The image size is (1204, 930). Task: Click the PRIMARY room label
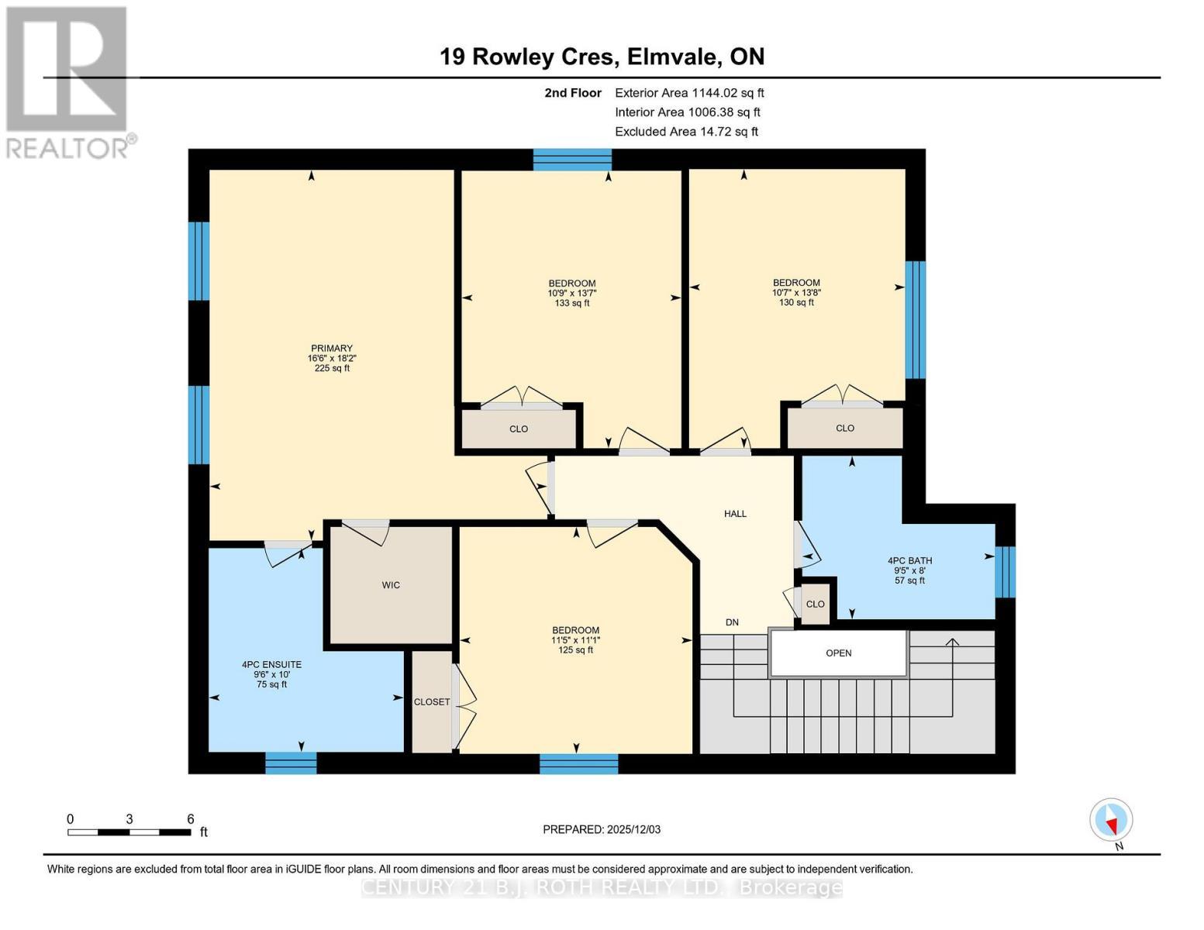pyautogui.click(x=332, y=349)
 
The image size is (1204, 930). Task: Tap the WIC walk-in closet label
pyautogui.click(x=391, y=585)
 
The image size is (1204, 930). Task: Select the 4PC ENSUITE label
pyautogui.click(x=271, y=665)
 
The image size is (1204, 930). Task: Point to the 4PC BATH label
pyautogui.click(x=909, y=561)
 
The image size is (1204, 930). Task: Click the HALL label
pyautogui.click(x=735, y=514)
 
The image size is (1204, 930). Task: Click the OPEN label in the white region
pyautogui.click(x=838, y=653)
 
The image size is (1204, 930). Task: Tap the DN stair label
pyautogui.click(x=732, y=622)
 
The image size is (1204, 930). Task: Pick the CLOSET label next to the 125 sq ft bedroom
pyautogui.click(x=432, y=702)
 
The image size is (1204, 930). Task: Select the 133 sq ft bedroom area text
pyautogui.click(x=572, y=303)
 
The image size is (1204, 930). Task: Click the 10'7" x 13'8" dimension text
pyautogui.click(x=796, y=293)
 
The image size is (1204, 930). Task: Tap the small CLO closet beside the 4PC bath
pyautogui.click(x=815, y=604)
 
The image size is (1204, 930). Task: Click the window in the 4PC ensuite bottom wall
pyautogui.click(x=291, y=763)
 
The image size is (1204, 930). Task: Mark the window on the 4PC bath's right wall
pyautogui.click(x=1005, y=572)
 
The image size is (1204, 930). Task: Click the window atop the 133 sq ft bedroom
pyautogui.click(x=572, y=160)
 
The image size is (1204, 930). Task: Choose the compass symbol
pyautogui.click(x=1111, y=820)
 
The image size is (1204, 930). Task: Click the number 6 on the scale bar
pyautogui.click(x=190, y=819)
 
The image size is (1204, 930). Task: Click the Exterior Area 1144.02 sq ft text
pyautogui.click(x=689, y=93)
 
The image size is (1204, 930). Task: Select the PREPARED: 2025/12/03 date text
pyautogui.click(x=602, y=829)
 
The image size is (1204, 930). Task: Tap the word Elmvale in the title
pyautogui.click(x=672, y=57)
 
